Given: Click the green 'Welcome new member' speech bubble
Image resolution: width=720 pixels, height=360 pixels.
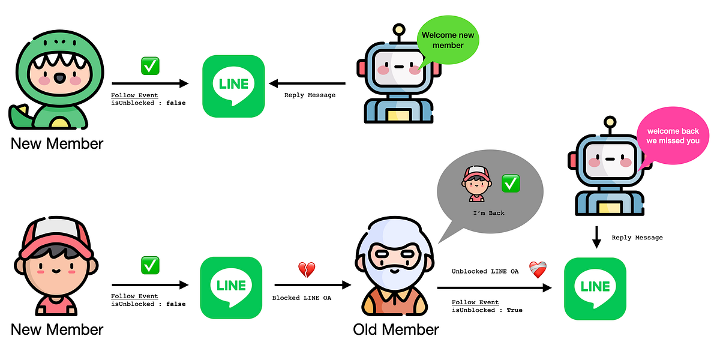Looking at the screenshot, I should tap(448, 40).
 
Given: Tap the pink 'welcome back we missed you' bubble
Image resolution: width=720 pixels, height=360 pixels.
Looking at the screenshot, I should tap(673, 136).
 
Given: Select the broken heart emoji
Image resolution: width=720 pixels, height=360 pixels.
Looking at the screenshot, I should tap(306, 270).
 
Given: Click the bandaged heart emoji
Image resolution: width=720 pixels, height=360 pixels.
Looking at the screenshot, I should tap(538, 270).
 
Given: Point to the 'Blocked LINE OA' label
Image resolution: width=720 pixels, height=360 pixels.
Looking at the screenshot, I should tap(302, 298).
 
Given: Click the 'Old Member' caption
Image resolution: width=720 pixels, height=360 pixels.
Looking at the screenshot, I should tap(395, 329).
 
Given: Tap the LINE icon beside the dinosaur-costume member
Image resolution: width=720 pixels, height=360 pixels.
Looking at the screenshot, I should tap(233, 86).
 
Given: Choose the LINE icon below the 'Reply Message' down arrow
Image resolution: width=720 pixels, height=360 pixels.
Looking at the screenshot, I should tap(595, 289).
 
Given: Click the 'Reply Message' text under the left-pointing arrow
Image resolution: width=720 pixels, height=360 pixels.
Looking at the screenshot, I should tap(310, 95).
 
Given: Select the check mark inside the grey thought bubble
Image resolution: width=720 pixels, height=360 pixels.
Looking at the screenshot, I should tap(510, 183).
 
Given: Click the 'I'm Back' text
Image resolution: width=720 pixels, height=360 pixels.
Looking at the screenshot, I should tap(489, 213).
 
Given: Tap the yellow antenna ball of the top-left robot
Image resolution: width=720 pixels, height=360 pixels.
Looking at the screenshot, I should tap(398, 29).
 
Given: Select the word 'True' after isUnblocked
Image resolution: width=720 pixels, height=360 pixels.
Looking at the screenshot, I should tap(514, 310).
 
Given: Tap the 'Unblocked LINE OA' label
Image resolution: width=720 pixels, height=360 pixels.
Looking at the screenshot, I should tap(485, 271).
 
